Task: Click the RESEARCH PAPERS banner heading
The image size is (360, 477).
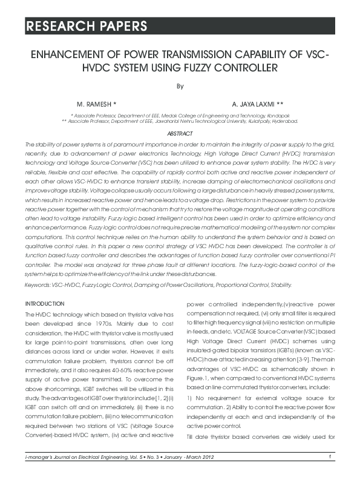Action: pyautogui.click(x=85, y=26)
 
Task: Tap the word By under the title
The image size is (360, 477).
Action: pyautogui.click(x=180, y=86)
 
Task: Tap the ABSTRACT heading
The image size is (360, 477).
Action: pyautogui.click(x=180, y=133)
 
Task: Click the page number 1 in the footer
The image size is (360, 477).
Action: pyautogui.click(x=330, y=457)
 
